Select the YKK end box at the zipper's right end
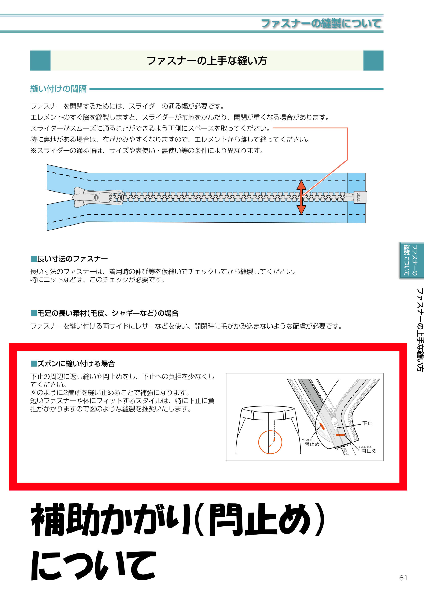click(360, 197)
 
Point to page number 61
click(403, 578)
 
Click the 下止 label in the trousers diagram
click(367, 423)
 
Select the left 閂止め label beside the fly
click(312, 444)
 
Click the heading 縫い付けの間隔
click(59, 89)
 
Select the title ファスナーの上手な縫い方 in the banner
click(207, 61)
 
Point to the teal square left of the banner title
click(40, 61)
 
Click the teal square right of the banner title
click(373, 61)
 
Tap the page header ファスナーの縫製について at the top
click(321, 23)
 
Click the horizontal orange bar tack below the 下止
click(340, 435)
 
